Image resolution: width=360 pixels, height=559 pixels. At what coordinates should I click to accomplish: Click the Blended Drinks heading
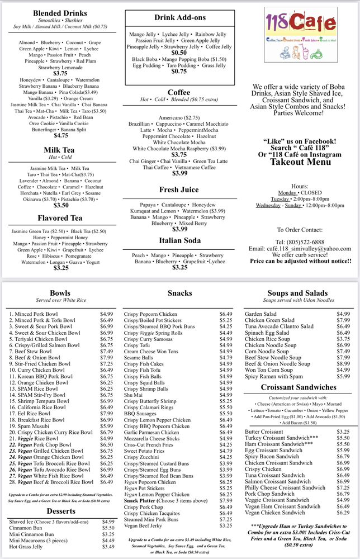(60, 13)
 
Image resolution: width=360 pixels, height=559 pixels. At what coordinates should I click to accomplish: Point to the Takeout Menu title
(300, 162)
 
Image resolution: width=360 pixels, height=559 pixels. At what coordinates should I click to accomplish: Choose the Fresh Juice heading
(179, 190)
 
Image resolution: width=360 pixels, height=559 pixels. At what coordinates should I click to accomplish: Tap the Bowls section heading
(60, 293)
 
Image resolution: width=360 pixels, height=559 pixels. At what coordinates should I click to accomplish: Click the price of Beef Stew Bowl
(106, 352)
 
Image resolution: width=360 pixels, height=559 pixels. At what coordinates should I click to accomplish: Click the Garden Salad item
(260, 314)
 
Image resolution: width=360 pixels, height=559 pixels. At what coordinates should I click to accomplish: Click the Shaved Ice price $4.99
(108, 522)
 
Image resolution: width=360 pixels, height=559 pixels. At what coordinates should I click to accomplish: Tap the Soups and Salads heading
(298, 293)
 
